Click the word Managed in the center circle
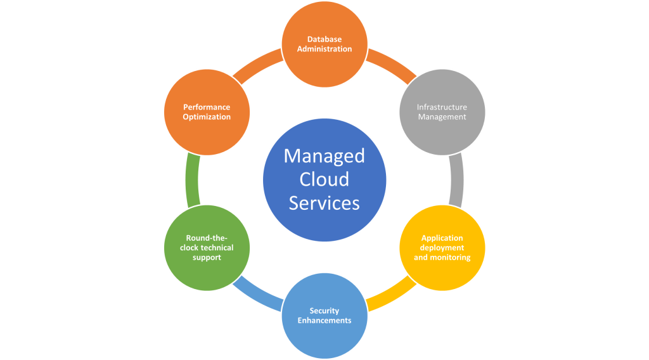tap(324, 156)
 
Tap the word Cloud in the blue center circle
tap(324, 179)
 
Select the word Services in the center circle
tap(324, 203)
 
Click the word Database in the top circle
tap(324, 39)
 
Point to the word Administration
tap(324, 49)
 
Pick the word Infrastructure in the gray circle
tap(442, 107)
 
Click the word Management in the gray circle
tap(442, 117)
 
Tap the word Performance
tap(207, 107)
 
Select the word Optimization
tap(207, 117)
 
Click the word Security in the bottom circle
tap(324, 311)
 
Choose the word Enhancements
tap(324, 320)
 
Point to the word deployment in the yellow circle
tap(442, 248)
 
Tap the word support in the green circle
tap(207, 257)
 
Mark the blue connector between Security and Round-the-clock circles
tap(257, 297)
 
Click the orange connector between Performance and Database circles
tap(257, 63)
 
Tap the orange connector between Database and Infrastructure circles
tap(392, 63)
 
